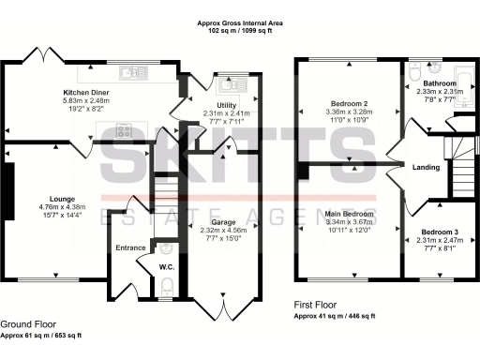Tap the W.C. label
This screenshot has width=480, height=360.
pos(167,265)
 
